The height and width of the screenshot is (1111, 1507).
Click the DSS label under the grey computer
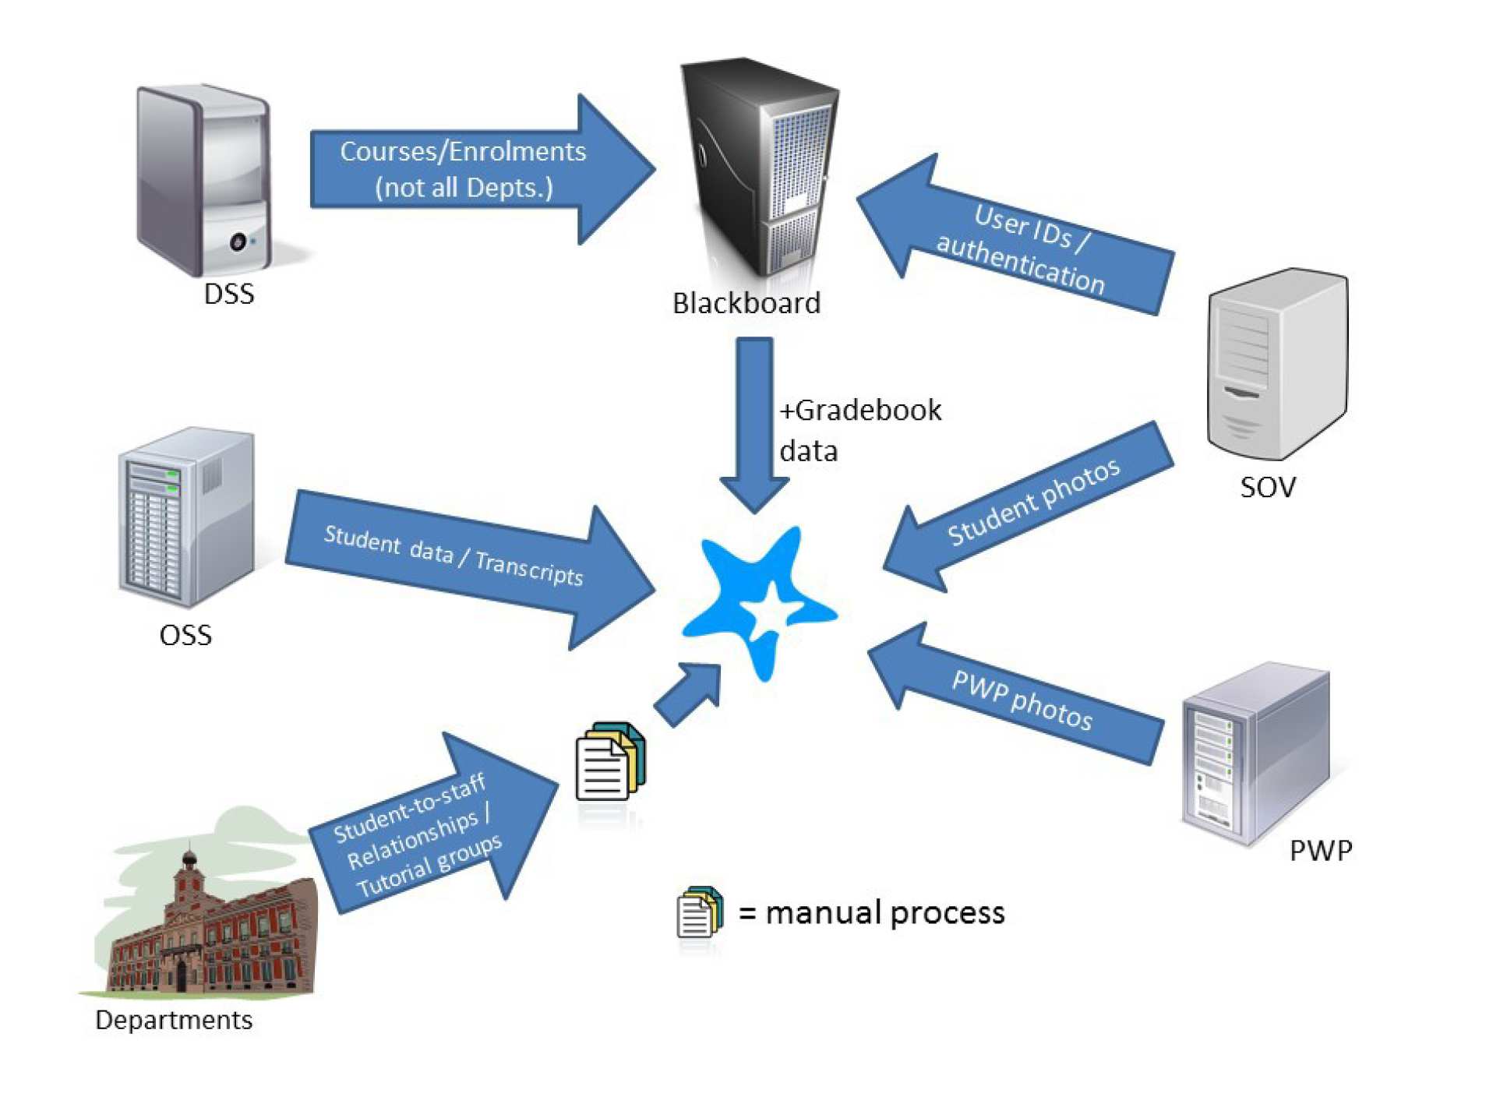(x=228, y=295)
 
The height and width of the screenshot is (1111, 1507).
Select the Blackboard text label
(x=746, y=303)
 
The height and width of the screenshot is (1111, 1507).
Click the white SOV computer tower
(x=1276, y=362)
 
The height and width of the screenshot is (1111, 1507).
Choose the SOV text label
(x=1267, y=487)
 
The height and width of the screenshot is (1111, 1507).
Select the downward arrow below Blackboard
(x=753, y=421)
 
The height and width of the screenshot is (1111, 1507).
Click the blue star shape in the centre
(x=760, y=600)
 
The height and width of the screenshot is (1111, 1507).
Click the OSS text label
(x=185, y=635)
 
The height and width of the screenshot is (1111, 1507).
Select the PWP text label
(x=1320, y=850)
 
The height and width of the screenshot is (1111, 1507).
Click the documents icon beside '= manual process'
(x=698, y=912)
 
